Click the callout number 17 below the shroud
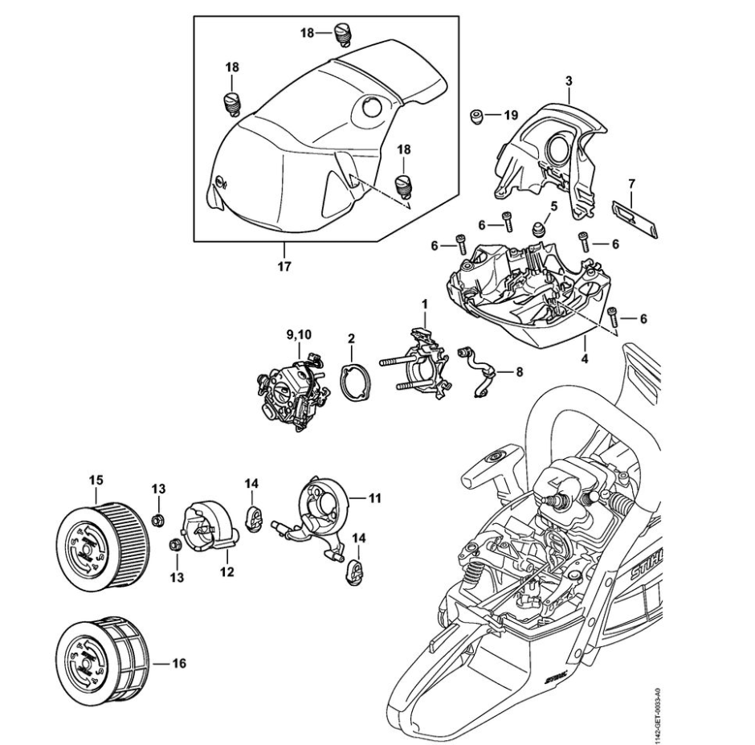click(285, 264)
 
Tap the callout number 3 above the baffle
click(568, 81)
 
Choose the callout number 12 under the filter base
click(227, 572)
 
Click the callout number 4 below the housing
click(585, 358)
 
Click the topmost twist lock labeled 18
click(345, 34)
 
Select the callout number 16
click(178, 664)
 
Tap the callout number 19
click(511, 116)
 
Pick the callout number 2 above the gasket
click(351, 339)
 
